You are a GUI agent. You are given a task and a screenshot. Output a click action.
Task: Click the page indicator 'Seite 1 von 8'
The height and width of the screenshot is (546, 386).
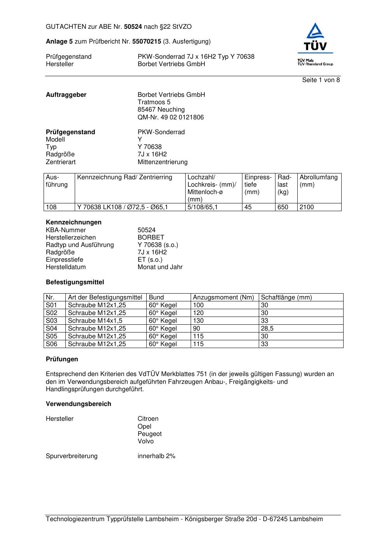(x=321, y=80)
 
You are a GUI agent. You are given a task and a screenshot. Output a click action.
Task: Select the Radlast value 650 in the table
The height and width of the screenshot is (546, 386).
(x=283, y=207)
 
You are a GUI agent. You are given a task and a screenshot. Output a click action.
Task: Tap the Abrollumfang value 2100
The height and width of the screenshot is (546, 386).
(x=307, y=207)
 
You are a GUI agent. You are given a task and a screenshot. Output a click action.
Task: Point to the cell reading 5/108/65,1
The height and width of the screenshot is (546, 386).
(x=203, y=207)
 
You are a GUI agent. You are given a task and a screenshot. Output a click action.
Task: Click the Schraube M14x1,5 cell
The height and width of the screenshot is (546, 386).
(x=95, y=321)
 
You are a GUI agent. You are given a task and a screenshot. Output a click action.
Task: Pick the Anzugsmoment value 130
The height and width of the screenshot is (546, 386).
(x=198, y=321)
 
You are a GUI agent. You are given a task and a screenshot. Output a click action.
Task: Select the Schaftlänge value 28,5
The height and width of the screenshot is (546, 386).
(x=267, y=329)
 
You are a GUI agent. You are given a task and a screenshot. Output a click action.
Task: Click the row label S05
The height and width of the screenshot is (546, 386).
(x=51, y=336)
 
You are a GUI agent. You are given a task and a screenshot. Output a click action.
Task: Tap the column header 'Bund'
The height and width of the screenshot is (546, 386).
(x=156, y=297)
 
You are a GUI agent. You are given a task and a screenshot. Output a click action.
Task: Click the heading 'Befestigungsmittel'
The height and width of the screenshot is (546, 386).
(x=75, y=282)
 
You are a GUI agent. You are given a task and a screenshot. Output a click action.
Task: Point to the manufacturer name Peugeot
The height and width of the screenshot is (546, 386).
(x=149, y=434)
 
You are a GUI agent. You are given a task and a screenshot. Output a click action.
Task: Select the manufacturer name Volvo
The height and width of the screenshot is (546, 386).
(x=146, y=441)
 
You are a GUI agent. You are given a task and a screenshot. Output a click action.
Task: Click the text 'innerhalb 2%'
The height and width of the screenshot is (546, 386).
(x=156, y=456)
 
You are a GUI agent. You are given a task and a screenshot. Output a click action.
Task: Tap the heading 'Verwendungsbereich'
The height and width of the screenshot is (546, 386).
(x=79, y=404)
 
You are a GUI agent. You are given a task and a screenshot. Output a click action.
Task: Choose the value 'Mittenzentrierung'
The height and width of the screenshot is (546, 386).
(x=162, y=162)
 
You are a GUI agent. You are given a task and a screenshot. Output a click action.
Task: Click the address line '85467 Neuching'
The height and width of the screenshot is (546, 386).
(x=161, y=110)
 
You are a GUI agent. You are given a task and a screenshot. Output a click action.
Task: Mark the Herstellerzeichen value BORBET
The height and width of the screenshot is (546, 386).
(x=151, y=238)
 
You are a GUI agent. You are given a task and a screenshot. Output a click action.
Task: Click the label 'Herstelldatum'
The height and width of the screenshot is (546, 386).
(x=66, y=267)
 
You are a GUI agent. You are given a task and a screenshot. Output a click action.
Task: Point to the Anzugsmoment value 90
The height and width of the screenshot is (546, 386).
(x=197, y=329)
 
